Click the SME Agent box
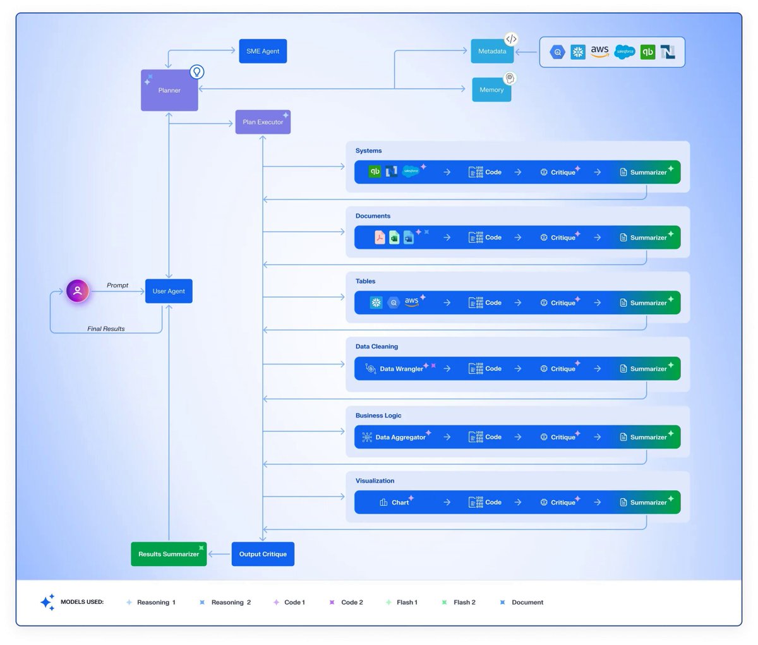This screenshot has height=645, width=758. (x=263, y=51)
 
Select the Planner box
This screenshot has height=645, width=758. (x=169, y=90)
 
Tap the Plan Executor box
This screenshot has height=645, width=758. (x=263, y=122)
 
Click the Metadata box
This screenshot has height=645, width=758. (x=492, y=51)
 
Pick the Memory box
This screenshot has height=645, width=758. (x=491, y=90)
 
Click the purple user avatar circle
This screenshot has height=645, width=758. (x=77, y=291)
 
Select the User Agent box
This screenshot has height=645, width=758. (x=169, y=291)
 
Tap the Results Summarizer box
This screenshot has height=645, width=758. (x=169, y=553)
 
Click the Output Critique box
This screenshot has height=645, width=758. (x=263, y=553)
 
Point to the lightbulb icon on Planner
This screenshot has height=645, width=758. (x=197, y=72)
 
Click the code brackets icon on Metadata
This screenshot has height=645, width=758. (x=511, y=39)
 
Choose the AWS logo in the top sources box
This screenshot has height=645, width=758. (x=599, y=51)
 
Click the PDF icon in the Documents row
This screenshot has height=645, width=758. (x=380, y=238)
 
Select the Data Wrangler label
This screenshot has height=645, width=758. (x=401, y=368)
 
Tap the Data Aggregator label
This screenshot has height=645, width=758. (x=400, y=437)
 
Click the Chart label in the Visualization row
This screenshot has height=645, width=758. (x=400, y=502)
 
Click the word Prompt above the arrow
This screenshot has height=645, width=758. (x=117, y=286)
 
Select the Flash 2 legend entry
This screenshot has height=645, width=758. (x=459, y=602)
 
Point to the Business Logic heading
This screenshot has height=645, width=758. (x=378, y=416)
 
